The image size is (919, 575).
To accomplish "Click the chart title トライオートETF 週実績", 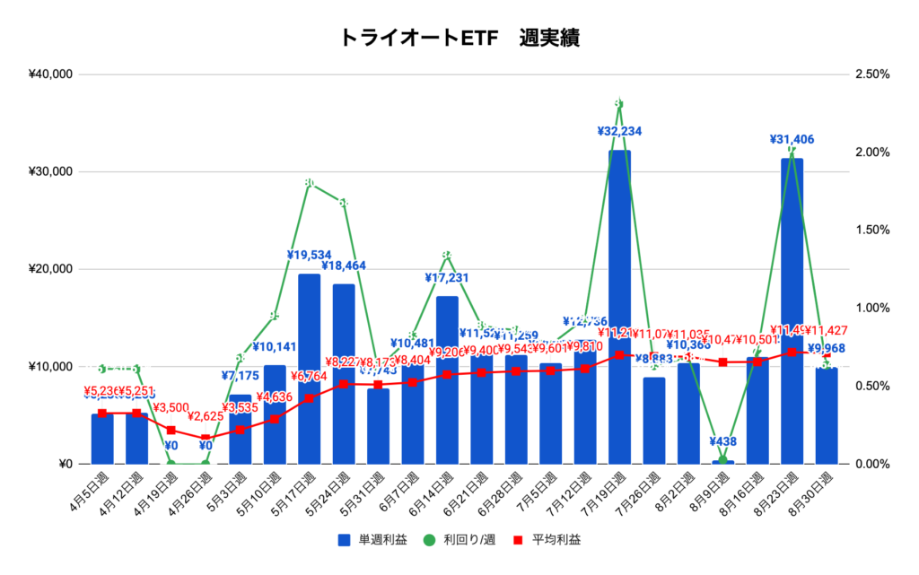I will coord(459,38).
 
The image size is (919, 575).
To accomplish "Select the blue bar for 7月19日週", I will coord(619,305).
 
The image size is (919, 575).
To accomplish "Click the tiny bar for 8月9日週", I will coord(722,462).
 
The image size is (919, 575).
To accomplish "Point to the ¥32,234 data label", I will coord(619,131).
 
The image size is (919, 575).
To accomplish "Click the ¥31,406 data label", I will coord(792,139).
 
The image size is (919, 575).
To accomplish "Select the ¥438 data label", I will coord(722,441).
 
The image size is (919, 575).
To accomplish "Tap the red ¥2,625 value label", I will coord(206,417).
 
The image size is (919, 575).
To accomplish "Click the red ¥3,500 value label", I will coord(171,408).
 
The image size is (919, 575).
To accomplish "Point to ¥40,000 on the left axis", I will coord(50,74).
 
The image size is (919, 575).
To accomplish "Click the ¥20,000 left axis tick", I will coord(50,269).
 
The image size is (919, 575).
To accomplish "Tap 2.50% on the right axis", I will coord(871,74).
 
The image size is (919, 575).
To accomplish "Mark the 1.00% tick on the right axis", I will coord(871,308).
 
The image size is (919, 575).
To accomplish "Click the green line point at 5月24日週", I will coord(344,204).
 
